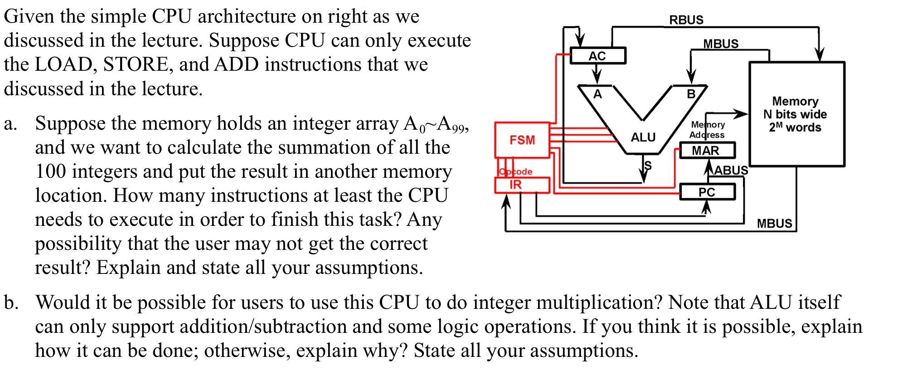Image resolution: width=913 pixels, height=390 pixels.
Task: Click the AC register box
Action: tap(597, 56)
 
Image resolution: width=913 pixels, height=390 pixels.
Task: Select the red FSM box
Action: tap(522, 140)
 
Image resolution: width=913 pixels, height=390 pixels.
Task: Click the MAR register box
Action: tap(706, 151)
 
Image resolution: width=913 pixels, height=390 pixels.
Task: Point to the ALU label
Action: tap(643, 137)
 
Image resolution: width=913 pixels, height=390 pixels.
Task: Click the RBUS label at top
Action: tap(686, 19)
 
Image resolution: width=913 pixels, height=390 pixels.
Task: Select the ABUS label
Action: tap(730, 170)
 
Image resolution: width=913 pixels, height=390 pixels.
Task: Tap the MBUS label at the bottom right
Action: tap(774, 223)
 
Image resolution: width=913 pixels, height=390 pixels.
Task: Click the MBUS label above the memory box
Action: tap(721, 44)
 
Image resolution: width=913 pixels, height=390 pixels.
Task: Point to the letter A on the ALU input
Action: tap(598, 94)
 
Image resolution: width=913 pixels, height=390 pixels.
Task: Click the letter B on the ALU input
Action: tap(691, 94)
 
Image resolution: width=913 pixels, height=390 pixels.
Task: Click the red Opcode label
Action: tap(515, 171)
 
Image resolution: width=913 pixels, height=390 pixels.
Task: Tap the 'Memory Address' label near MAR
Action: tap(707, 130)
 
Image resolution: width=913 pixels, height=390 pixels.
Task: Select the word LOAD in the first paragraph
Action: tap(65, 64)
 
